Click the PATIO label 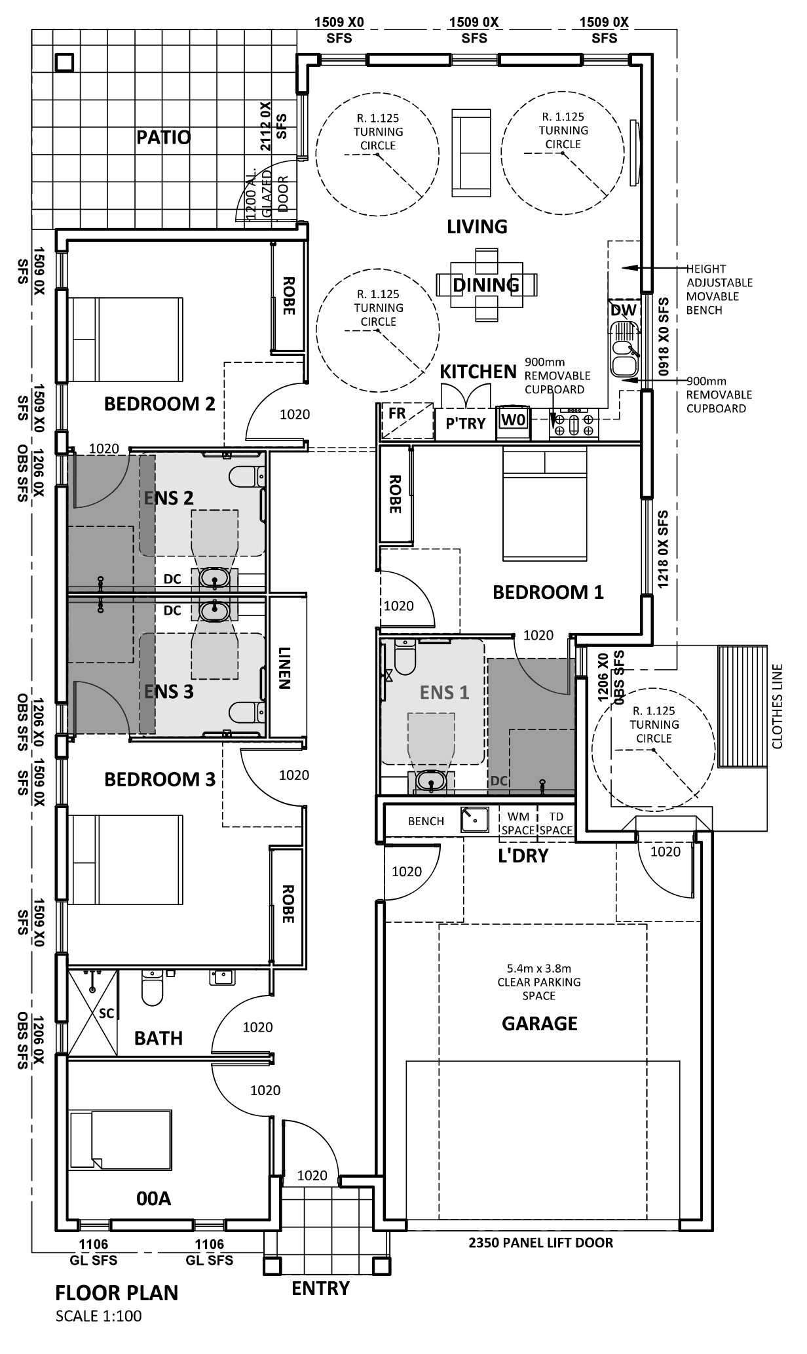coord(164,138)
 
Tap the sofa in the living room coord(471,152)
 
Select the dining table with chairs coord(486,284)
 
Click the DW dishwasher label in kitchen coord(623,310)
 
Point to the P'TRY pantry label coord(465,423)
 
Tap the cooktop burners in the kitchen coord(574,423)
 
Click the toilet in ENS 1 coord(405,657)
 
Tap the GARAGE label coord(539,1023)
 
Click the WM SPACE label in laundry coord(518,823)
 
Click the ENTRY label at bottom coord(320,1288)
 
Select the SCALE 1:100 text coord(98,1315)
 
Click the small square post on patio coord(64,62)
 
